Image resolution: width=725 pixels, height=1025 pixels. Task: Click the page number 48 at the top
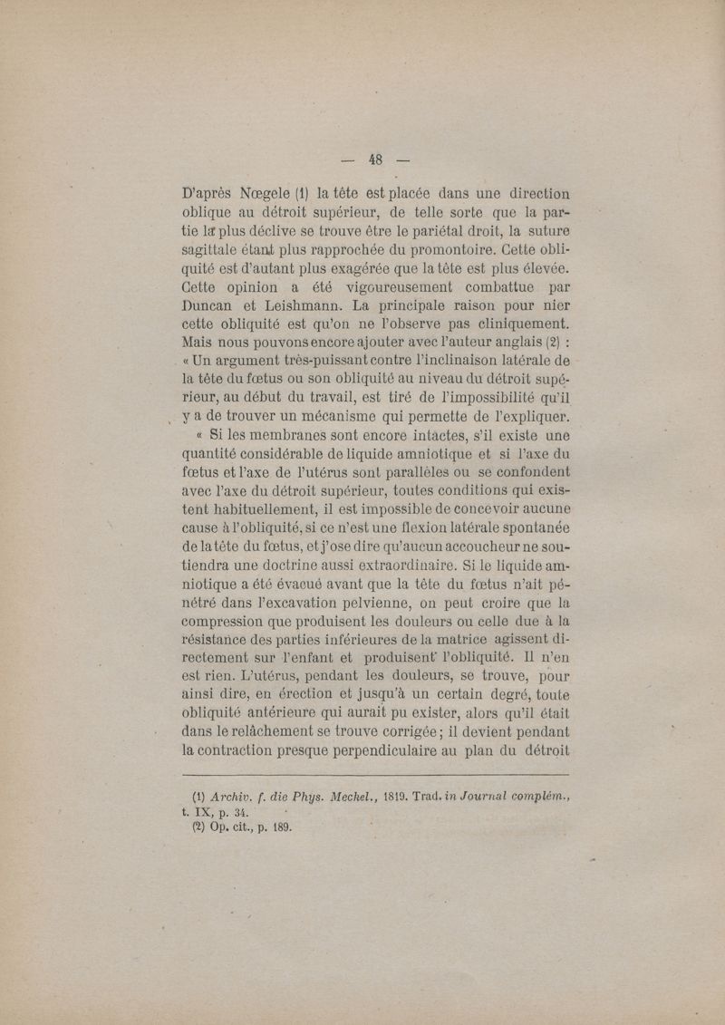click(376, 160)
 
